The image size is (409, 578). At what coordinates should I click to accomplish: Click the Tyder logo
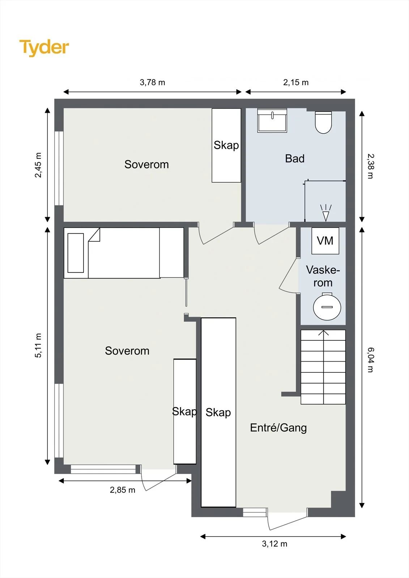(44, 48)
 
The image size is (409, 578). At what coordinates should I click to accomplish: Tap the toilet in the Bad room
(323, 122)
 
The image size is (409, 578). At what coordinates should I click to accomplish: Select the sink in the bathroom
(272, 121)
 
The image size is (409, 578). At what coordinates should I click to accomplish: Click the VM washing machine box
(325, 241)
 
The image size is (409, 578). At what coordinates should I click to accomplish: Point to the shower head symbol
(326, 213)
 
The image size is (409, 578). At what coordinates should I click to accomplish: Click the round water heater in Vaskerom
(327, 307)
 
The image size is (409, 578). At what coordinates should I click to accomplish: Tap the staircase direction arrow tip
(323, 331)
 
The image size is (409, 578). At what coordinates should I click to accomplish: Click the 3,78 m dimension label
(152, 82)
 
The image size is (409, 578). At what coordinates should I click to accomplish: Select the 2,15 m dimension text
(295, 82)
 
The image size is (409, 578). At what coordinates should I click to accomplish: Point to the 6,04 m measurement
(371, 360)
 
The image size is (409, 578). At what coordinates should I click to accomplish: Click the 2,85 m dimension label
(123, 490)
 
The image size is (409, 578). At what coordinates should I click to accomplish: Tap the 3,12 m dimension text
(274, 544)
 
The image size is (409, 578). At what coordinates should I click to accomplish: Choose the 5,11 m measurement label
(38, 345)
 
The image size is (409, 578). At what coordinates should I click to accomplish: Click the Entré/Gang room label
(278, 428)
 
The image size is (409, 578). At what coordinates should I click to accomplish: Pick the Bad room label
(294, 159)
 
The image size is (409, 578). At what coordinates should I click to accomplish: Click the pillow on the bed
(76, 253)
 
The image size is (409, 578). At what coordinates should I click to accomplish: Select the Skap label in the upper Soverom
(226, 145)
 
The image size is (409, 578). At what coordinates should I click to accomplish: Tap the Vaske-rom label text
(323, 276)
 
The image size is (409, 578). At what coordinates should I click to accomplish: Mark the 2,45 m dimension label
(38, 165)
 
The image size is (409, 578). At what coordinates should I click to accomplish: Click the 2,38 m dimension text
(371, 166)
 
